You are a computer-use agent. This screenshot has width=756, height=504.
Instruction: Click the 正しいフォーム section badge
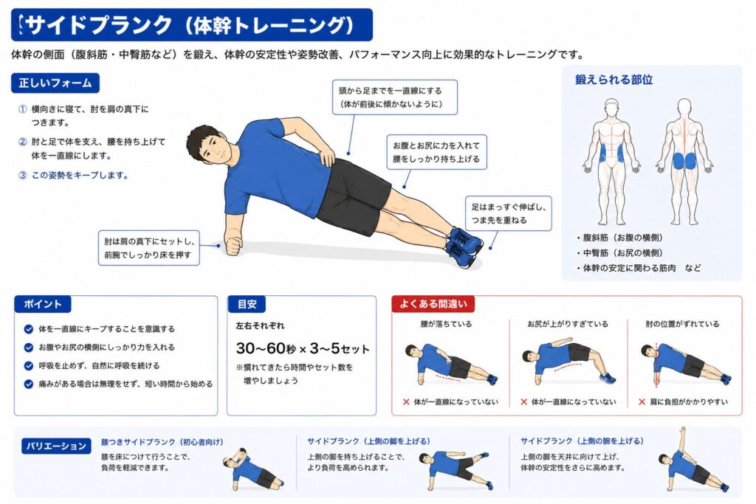coord(55,83)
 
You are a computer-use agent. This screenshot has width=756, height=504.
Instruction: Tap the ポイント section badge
coord(42,304)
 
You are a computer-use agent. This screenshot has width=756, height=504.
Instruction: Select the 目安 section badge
coord(247,304)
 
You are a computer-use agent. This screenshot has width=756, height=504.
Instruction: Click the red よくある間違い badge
coord(433,303)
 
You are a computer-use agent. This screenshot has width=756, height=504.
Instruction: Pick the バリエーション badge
coord(56,446)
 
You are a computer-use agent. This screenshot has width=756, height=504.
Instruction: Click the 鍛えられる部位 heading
coord(614,80)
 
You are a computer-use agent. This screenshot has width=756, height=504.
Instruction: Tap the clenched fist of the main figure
coord(233,245)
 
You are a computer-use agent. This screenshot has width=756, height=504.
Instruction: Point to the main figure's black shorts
coord(352,195)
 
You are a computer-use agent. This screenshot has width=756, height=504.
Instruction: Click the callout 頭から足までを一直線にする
coord(395,97)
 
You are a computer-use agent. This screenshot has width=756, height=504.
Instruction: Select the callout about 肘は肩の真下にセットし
coord(149,248)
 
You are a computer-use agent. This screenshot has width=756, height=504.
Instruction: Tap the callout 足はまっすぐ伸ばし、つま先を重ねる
coord(508,213)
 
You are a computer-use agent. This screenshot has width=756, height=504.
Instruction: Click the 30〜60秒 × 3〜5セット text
coord(302,348)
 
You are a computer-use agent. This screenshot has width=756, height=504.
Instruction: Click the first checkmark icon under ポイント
coord(29,329)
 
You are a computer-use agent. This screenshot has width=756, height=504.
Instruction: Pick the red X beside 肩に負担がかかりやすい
coord(642,401)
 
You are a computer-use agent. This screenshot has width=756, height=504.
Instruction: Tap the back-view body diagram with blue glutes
coord(684,162)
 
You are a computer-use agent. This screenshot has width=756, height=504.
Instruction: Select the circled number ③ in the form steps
coord(23,176)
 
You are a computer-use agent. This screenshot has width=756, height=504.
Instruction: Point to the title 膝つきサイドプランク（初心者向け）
coord(162,442)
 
